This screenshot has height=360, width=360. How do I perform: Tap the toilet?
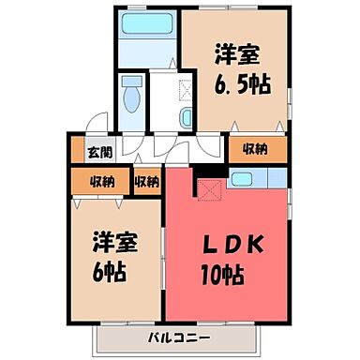point(130,96)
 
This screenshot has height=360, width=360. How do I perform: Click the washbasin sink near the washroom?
point(185,117)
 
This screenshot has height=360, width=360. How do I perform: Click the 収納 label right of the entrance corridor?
point(256,147)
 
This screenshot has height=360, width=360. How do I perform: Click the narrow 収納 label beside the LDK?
point(145,181)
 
